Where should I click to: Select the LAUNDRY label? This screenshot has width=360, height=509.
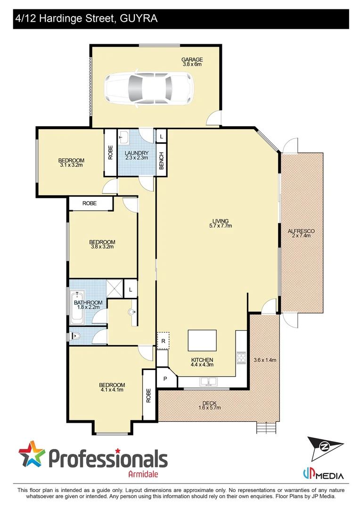[x=137, y=155]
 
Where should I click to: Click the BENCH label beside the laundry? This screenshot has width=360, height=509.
[x=162, y=161]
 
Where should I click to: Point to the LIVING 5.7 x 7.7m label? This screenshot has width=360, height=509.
[x=221, y=223]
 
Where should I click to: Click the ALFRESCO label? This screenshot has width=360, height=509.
[x=301, y=233]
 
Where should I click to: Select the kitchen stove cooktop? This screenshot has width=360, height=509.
[x=241, y=358]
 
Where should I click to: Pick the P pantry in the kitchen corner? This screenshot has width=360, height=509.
[x=165, y=378]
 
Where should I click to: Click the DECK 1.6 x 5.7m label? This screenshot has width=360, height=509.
[x=209, y=405]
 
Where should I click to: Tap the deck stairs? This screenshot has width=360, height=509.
[x=266, y=428]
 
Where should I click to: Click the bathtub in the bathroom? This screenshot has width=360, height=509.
[x=76, y=307]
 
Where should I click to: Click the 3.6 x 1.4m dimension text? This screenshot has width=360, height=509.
[x=264, y=360]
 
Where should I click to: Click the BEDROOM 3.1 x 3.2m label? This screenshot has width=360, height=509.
[x=72, y=163]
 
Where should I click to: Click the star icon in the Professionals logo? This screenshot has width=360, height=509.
[x=32, y=454]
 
